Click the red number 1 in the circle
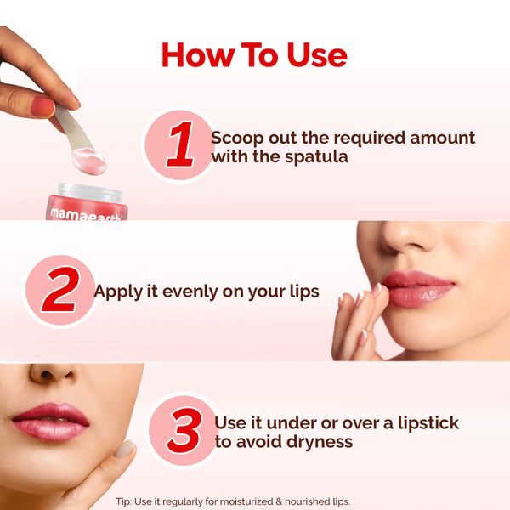tap(180, 144)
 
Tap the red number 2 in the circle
tap(60, 290)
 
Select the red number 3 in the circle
tap(184, 431)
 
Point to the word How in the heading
tap(198, 55)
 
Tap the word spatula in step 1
tap(316, 157)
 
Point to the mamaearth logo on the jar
tap(86, 213)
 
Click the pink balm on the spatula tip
tap(89, 161)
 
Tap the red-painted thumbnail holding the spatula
tap(42, 106)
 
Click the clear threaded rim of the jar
tap(90, 193)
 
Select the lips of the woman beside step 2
tap(418, 288)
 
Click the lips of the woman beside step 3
tap(51, 421)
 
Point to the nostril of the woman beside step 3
tap(47, 376)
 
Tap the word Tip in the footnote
tap(123, 501)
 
